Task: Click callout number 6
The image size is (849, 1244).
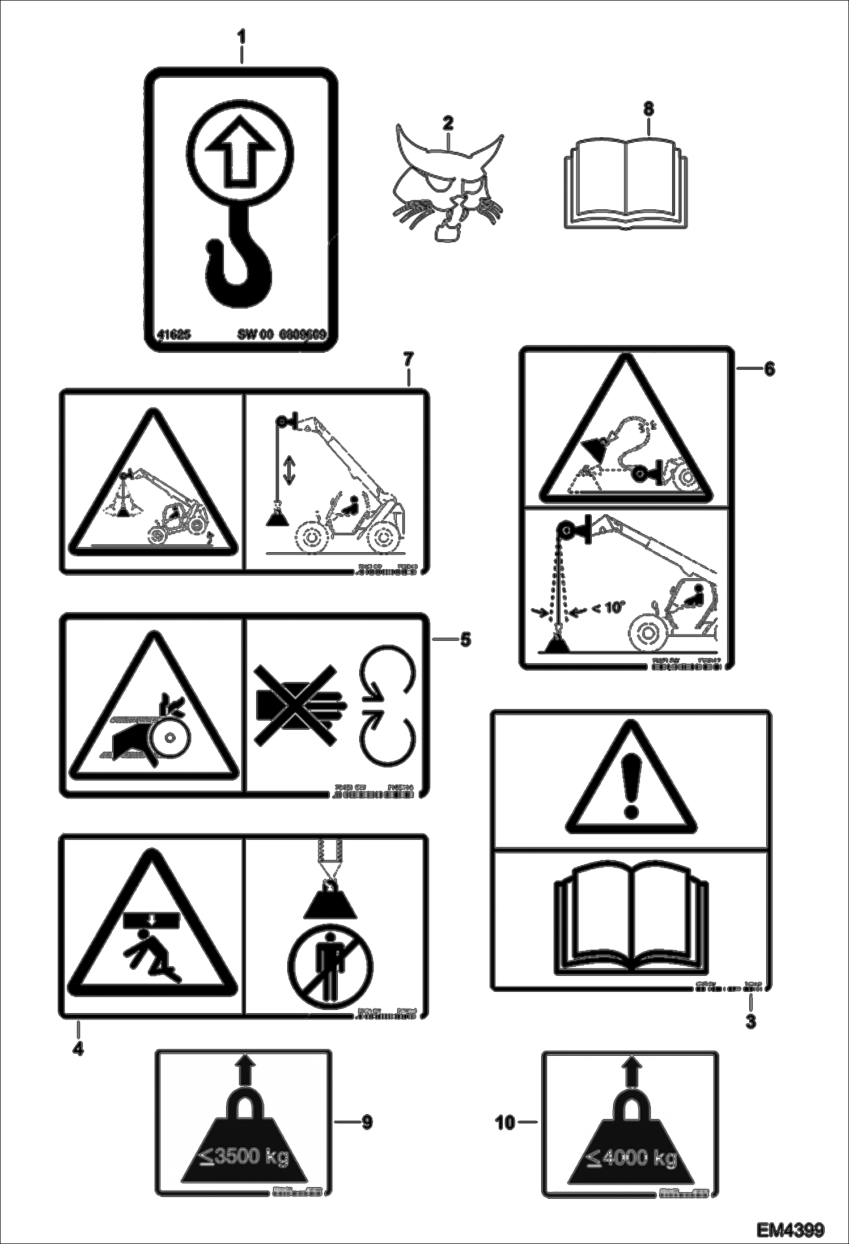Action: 769,369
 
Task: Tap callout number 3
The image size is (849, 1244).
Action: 750,1022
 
